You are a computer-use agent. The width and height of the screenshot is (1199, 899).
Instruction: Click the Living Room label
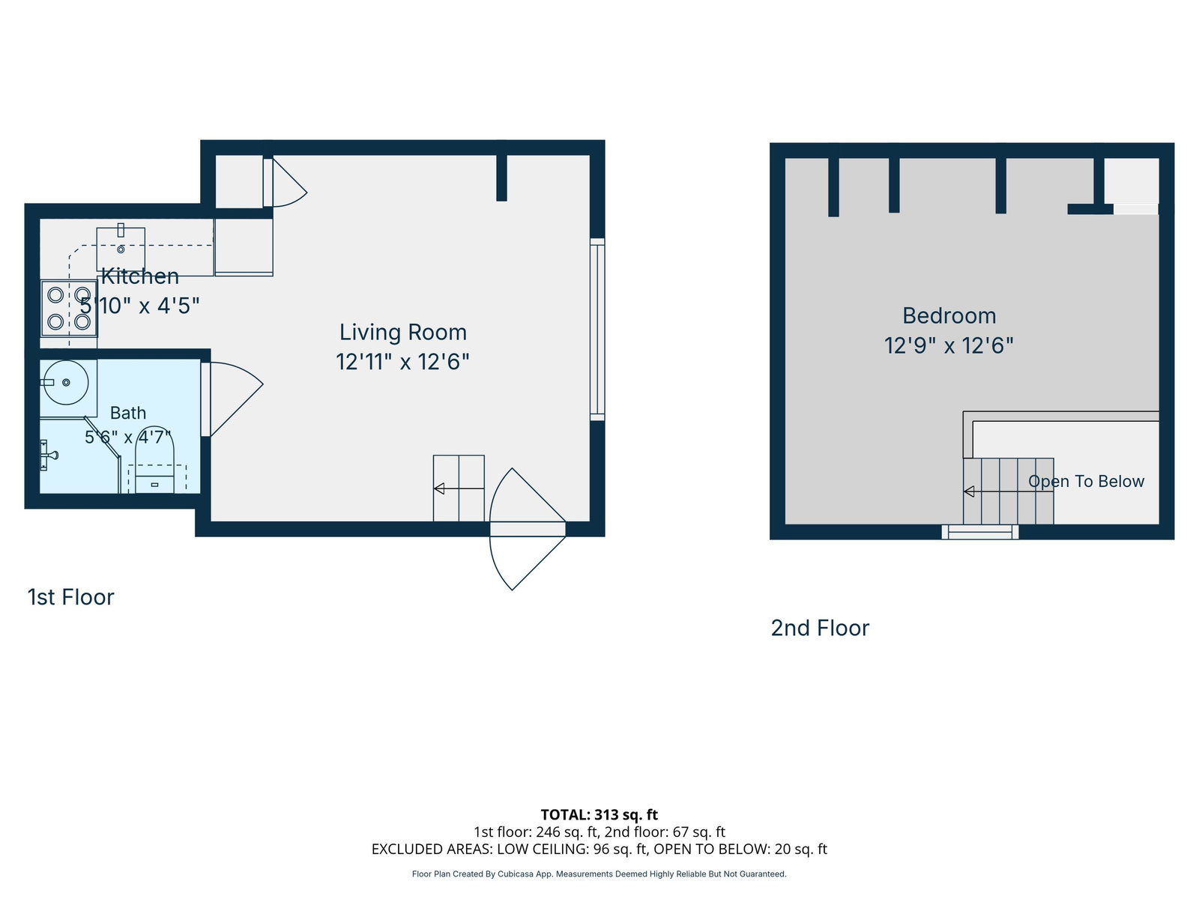click(402, 333)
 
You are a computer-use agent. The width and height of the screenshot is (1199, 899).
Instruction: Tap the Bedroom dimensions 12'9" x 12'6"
click(948, 345)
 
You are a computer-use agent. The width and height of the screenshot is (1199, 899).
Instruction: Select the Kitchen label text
click(140, 276)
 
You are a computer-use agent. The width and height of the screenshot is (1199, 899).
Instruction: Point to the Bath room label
click(128, 413)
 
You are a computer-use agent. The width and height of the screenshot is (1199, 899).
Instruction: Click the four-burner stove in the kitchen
click(69, 309)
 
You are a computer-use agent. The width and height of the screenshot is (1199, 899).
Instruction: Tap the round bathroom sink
click(65, 382)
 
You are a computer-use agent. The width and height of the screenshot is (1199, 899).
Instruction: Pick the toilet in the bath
click(154, 459)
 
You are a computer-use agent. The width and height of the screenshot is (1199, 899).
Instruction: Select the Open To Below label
click(1086, 481)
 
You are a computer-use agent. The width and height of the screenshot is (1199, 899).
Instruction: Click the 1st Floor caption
click(71, 597)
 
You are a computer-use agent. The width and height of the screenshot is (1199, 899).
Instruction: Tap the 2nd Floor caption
click(820, 629)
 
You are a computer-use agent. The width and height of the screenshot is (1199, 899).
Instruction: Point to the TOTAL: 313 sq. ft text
click(599, 815)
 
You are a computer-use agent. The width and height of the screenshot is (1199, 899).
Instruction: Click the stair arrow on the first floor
click(459, 488)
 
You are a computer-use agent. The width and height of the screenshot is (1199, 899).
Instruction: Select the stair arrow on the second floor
click(1009, 491)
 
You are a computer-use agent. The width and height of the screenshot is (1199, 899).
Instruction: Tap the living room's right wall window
click(597, 330)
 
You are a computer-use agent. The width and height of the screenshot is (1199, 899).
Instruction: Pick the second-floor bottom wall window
click(980, 532)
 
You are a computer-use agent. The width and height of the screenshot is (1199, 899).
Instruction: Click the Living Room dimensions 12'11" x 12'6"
click(402, 362)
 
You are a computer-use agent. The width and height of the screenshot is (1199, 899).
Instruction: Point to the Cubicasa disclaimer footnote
click(599, 874)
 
